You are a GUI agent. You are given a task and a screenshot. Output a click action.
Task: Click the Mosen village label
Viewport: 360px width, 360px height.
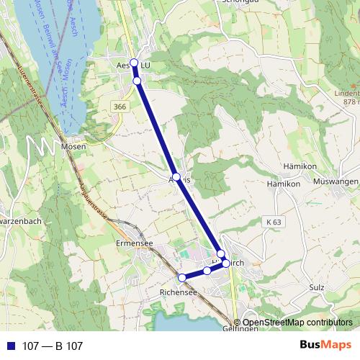tap(74, 146)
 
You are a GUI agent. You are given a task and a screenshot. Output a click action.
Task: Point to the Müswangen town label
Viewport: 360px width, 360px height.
tap(336, 181)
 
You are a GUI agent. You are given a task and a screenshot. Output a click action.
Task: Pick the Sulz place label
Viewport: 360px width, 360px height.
tap(316, 287)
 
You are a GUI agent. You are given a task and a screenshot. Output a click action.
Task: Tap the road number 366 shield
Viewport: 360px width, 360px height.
tap(120, 107)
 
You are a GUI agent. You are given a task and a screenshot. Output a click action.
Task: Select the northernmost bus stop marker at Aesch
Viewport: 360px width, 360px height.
tap(134, 63)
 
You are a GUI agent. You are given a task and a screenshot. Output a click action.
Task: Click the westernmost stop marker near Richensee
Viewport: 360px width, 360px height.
tap(182, 278)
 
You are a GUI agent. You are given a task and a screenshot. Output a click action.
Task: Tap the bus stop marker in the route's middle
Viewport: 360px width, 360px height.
tap(176, 176)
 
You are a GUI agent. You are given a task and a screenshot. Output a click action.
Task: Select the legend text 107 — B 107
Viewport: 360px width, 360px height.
tap(53, 346)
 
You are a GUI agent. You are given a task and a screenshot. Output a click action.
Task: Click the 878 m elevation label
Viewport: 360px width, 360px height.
tap(351, 102)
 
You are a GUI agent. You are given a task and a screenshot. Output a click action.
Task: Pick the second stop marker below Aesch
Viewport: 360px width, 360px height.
tap(137, 81)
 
